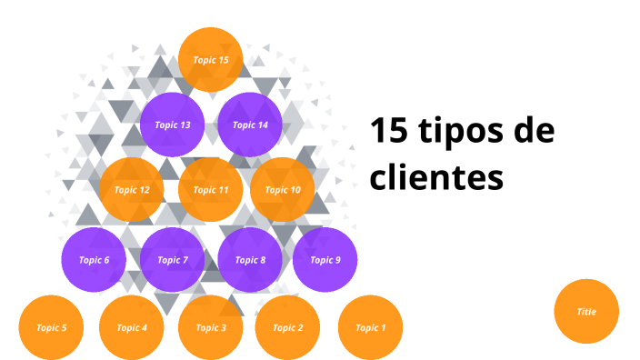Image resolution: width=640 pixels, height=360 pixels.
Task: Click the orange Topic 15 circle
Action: click(210, 60)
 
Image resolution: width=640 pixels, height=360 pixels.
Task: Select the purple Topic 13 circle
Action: click(172, 125)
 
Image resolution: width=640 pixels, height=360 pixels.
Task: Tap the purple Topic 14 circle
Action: click(250, 125)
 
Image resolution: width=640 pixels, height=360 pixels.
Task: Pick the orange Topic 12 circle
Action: click(132, 190)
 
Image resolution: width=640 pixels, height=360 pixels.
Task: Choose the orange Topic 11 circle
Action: click(210, 190)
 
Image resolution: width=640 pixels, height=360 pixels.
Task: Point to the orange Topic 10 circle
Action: click(282, 190)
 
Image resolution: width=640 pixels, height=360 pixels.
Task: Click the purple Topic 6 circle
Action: click(94, 260)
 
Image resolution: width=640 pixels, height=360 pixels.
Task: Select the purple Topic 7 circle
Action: click(172, 260)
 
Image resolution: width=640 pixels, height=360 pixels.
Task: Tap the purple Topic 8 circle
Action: click(250, 260)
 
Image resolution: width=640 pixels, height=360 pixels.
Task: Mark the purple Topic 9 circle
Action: click(325, 260)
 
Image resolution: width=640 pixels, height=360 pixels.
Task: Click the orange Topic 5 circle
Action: click(51, 327)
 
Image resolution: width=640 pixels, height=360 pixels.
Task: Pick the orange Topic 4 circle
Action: click(131, 327)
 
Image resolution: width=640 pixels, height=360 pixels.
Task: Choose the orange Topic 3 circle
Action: click(210, 327)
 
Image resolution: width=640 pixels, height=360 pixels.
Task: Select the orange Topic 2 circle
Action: click(287, 327)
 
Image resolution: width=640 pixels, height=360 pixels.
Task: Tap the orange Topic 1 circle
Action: click(370, 327)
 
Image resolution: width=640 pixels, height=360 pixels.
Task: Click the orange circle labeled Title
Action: click(586, 311)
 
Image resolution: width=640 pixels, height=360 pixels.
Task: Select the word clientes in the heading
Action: click(436, 176)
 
